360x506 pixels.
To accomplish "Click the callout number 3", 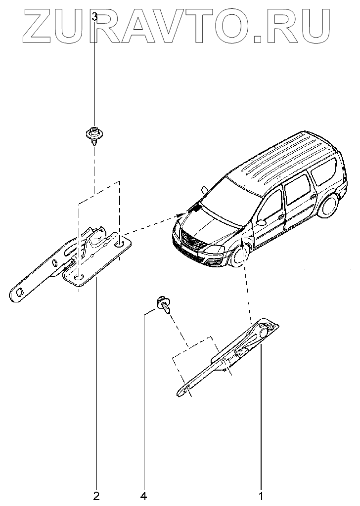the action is pyautogui.click(x=95, y=17).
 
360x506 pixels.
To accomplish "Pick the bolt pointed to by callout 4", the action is pyautogui.click(x=163, y=304).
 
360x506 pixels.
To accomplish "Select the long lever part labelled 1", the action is pyautogui.click(x=227, y=358).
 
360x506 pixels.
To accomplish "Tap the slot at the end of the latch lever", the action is pyautogui.click(x=19, y=293).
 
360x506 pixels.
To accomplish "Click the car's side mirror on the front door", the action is pyautogui.click(x=261, y=222).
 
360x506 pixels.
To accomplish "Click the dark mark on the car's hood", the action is pyautogui.click(x=196, y=209).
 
